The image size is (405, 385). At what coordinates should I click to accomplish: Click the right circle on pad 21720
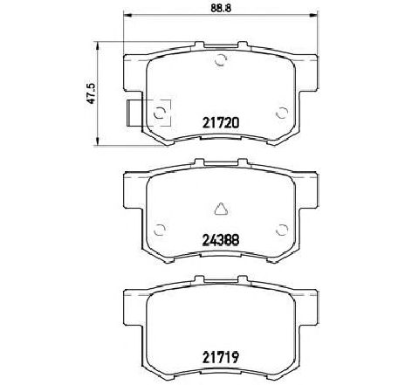280,113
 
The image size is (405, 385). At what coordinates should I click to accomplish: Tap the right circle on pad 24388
280,229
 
